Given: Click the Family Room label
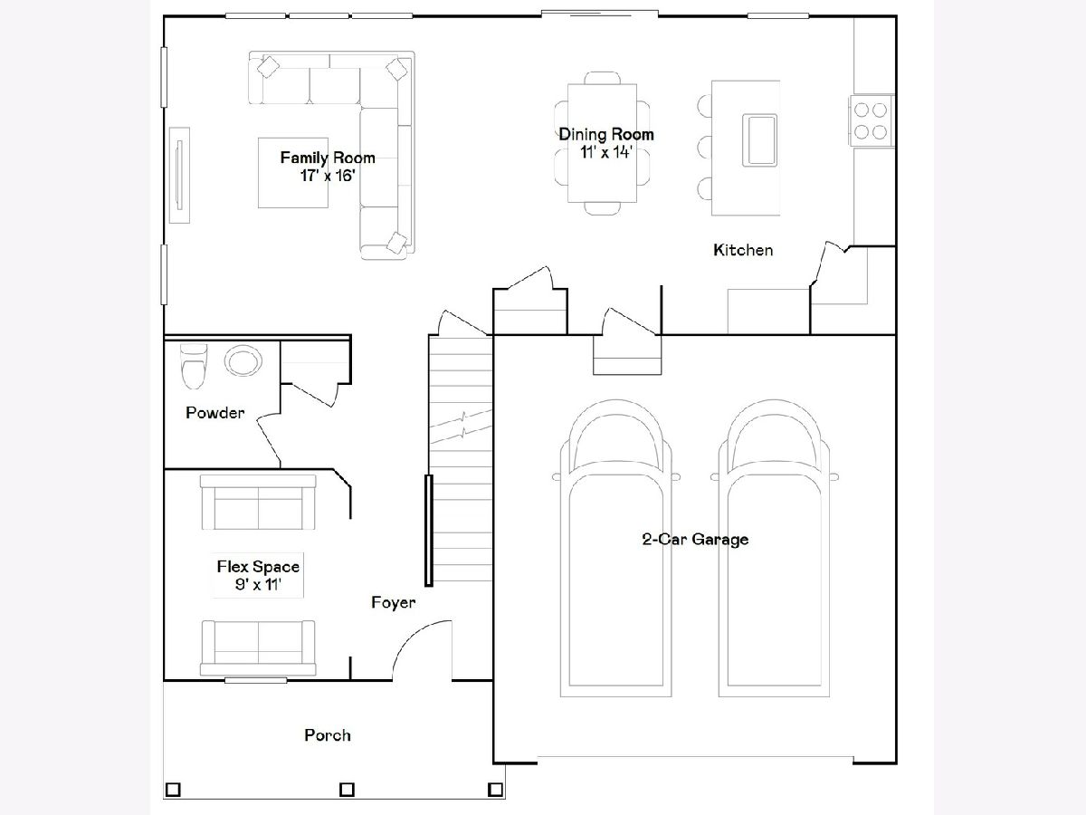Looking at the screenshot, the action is point(328,158).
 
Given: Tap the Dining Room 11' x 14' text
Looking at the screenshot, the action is point(606,143).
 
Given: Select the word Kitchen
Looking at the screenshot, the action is point(743,250).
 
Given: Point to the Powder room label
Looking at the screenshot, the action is point(214,413).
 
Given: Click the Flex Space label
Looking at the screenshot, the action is point(258,567).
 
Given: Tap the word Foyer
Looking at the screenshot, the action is point(394,602).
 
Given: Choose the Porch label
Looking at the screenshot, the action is point(328,735).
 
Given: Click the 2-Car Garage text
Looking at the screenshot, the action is point(695,539).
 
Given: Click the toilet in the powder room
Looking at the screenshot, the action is point(194,366).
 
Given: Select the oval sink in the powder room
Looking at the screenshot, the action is point(243,360).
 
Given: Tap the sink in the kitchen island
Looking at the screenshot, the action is point(759,140).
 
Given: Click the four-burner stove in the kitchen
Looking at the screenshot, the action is point(871,120).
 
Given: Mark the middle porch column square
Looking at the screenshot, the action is point(347,789).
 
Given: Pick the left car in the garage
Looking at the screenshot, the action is point(616,548).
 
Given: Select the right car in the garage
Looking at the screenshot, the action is point(775,548).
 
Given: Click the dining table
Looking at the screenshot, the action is point(602,143).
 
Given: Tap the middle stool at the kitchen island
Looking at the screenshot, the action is point(704,147).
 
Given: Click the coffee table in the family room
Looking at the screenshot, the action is point(293,173).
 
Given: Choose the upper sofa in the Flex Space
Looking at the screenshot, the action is point(258,502).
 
